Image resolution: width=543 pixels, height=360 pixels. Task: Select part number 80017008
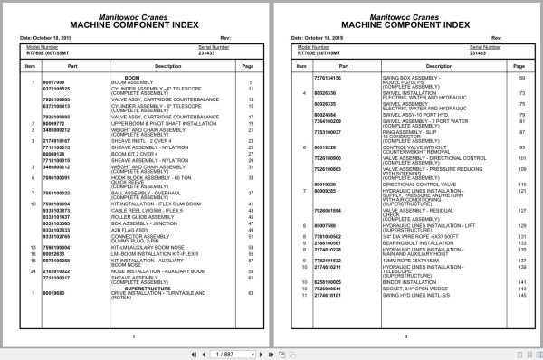click(54, 82)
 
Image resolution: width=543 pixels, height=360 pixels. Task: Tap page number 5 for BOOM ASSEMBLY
click(250, 82)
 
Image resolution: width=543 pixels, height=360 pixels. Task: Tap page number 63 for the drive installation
click(249, 294)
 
